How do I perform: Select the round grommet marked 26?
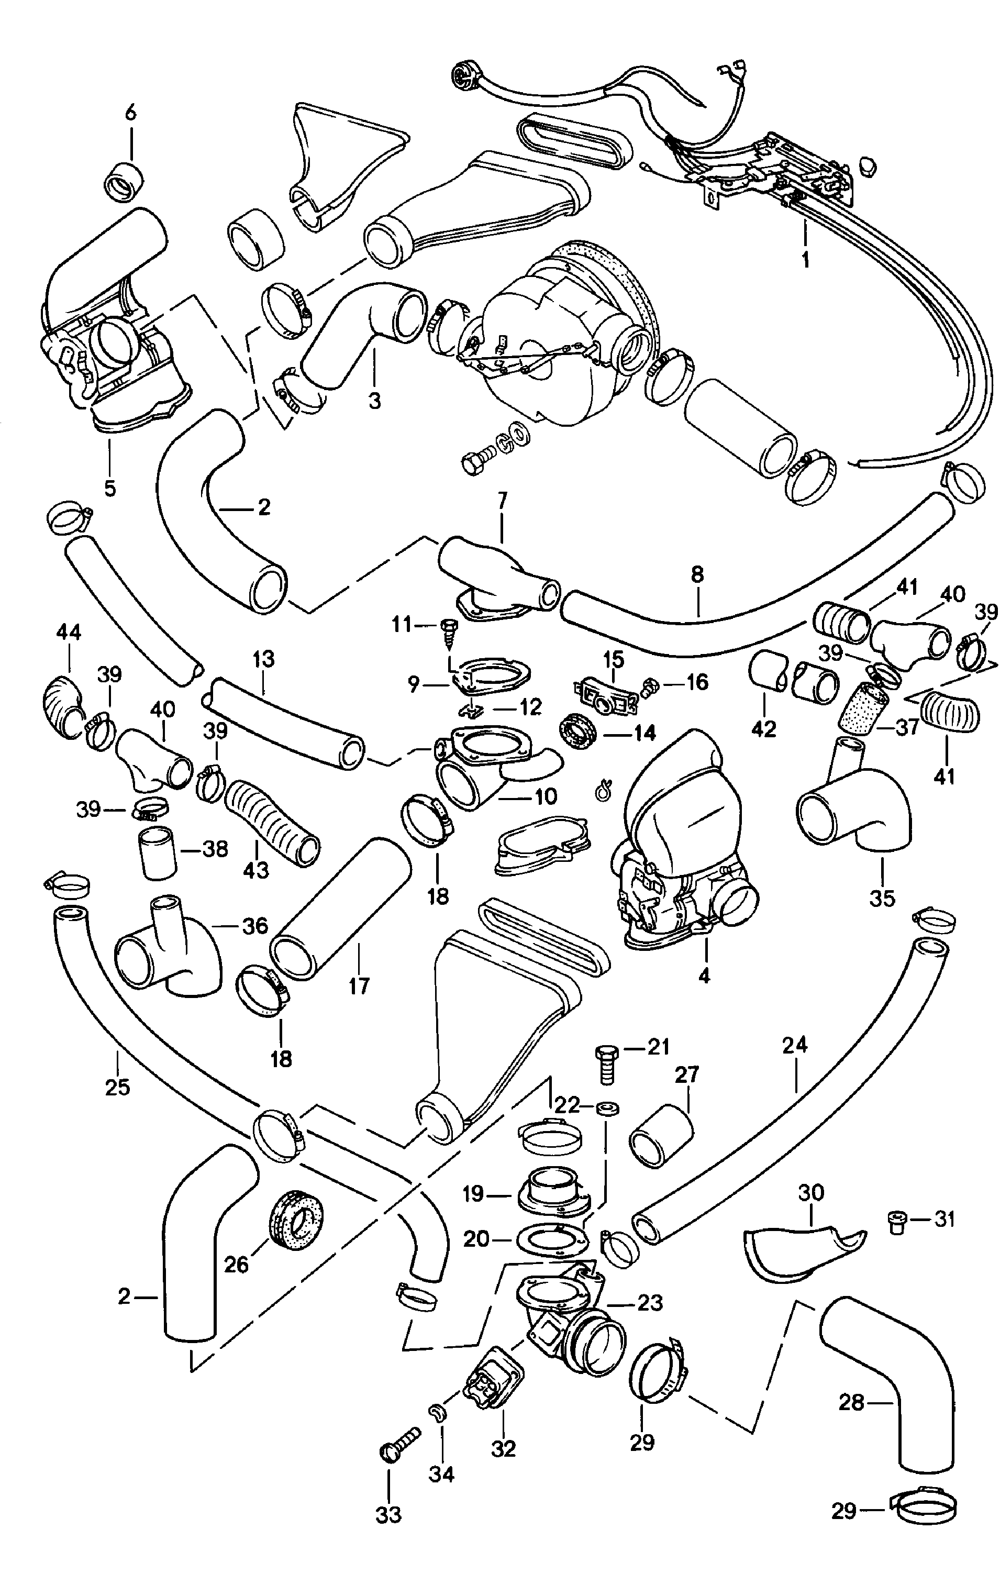point(297,1222)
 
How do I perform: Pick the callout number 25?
point(117,1088)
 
